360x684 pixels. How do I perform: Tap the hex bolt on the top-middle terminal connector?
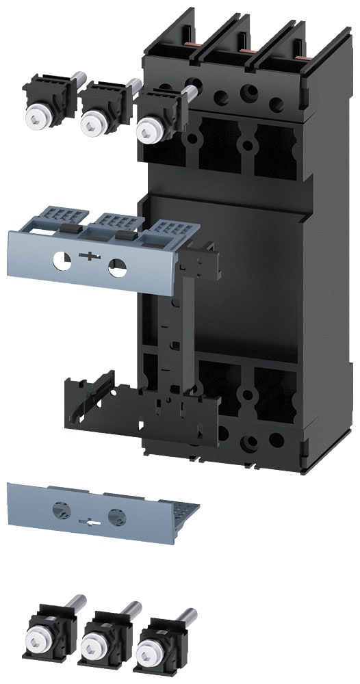(x=90, y=124)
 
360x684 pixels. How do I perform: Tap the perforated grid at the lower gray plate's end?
(x=182, y=512)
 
